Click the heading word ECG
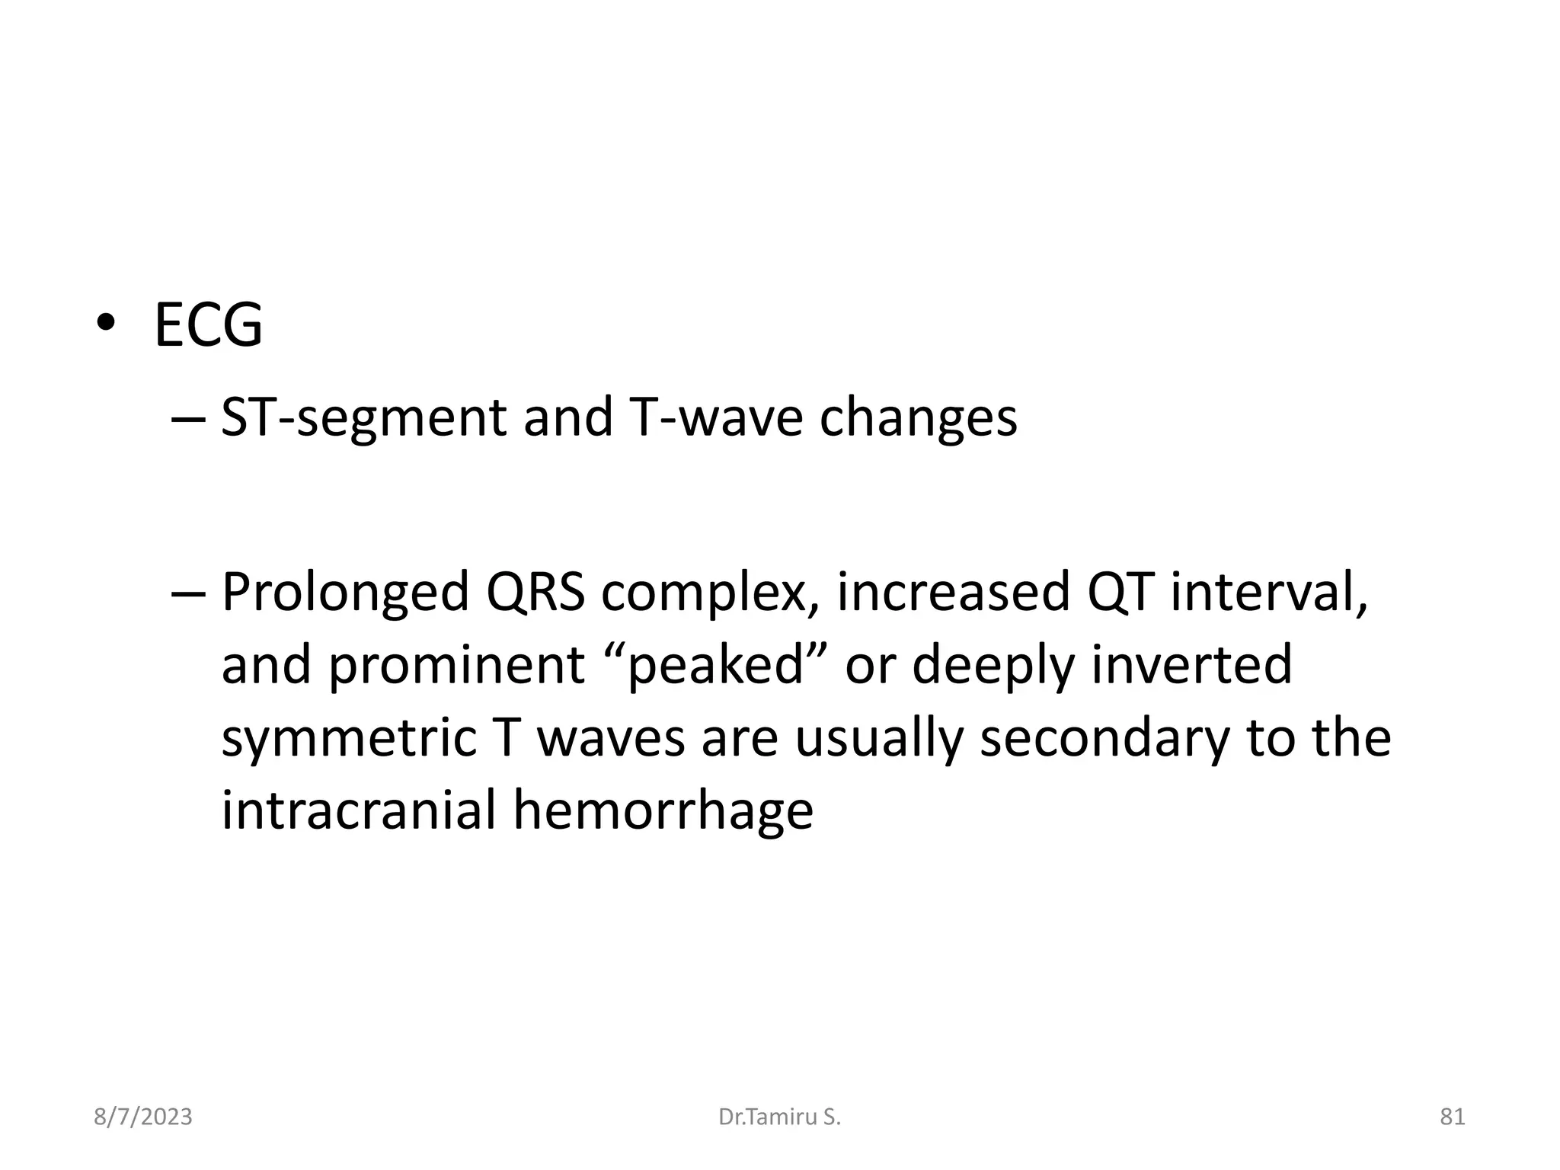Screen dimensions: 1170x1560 pyautogui.click(x=208, y=326)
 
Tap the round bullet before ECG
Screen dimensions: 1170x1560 pyautogui.click(x=105, y=324)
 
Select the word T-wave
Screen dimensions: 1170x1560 pyautogui.click(x=718, y=418)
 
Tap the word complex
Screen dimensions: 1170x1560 pyautogui.click(x=708, y=593)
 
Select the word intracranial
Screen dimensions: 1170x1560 pyautogui.click(x=358, y=810)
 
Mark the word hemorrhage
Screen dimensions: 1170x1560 pyautogui.click(x=663, y=810)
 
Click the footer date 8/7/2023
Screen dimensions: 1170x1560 pyautogui.click(x=142, y=1117)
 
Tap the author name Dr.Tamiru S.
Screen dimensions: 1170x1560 pyautogui.click(x=779, y=1117)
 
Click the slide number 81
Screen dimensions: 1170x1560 pyautogui.click(x=1452, y=1117)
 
